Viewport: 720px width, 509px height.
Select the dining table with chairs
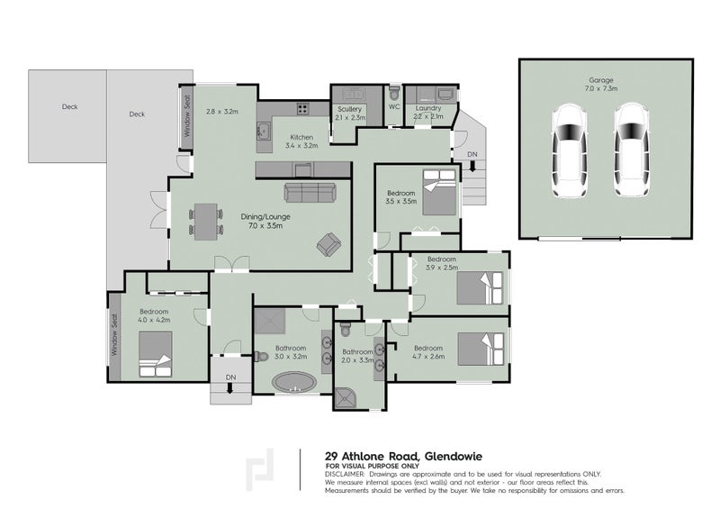[206, 220]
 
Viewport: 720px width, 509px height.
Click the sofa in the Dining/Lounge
[310, 192]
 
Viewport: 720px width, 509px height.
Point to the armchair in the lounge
[329, 243]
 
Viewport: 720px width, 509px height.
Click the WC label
[393, 106]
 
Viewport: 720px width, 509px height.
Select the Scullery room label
[348, 113]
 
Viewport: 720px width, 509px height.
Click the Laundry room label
[427, 112]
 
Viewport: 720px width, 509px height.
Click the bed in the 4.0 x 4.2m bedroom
[155, 352]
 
